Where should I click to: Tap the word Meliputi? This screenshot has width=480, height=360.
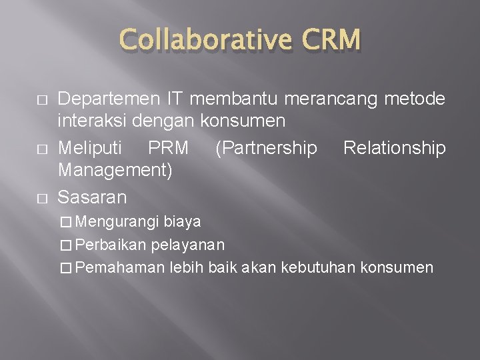[93, 147]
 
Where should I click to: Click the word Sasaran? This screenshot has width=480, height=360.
[93, 197]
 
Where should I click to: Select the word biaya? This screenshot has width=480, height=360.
[182, 221]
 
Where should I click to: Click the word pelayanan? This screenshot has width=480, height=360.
[188, 244]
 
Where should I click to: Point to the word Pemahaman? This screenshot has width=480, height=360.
[121, 267]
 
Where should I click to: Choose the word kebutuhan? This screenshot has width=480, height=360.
[319, 267]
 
